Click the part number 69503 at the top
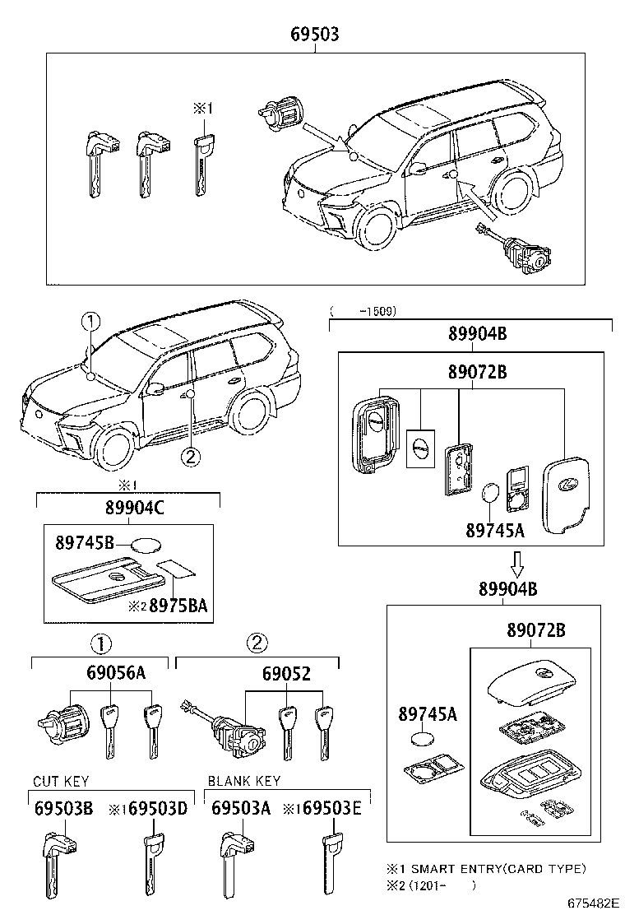point(315,35)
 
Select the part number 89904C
point(128,509)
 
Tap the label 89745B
point(86,542)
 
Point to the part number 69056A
point(116,673)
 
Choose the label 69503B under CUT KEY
point(63,809)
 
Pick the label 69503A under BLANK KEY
point(240,809)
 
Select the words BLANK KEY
point(244,781)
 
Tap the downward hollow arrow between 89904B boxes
point(516,564)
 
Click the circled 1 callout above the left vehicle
point(90,322)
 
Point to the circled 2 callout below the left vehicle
point(191,455)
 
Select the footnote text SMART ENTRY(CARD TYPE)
point(498,868)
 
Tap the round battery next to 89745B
point(146,543)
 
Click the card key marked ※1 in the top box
point(202,165)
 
